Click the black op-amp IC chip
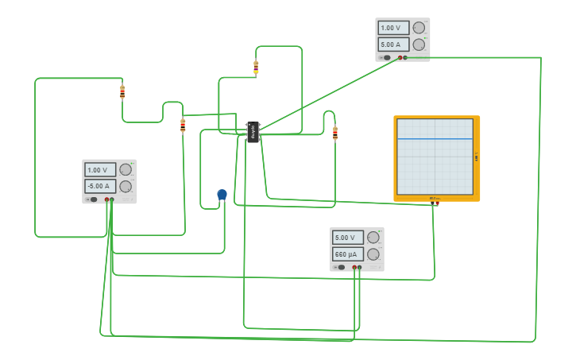(x=253, y=132)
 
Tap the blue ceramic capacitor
(x=222, y=195)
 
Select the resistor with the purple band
(x=256, y=67)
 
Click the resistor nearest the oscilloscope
(x=334, y=133)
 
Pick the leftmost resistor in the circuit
(x=122, y=91)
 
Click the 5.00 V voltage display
(x=347, y=238)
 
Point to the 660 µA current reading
(x=347, y=254)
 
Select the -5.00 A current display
(x=100, y=186)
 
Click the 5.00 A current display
(x=393, y=45)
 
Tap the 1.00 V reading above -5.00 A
(x=100, y=170)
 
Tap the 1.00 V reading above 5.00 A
(x=393, y=28)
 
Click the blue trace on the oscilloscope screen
(x=435, y=138)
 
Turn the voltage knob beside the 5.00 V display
(x=373, y=238)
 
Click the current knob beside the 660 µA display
(x=373, y=254)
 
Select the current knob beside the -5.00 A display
(x=126, y=186)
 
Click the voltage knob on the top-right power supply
(x=419, y=28)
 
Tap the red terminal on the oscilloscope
(x=437, y=203)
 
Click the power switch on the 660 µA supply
(x=340, y=268)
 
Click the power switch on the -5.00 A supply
(x=92, y=199)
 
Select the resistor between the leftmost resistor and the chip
(x=183, y=125)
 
